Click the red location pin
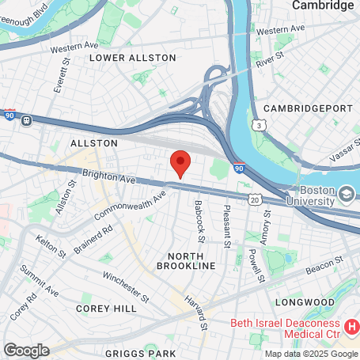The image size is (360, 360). (x=180, y=163)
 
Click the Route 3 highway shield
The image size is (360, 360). (x=258, y=126)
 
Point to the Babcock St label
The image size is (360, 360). (x=199, y=222)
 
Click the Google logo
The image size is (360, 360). (x=26, y=350)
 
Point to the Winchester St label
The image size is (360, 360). (x=126, y=287)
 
